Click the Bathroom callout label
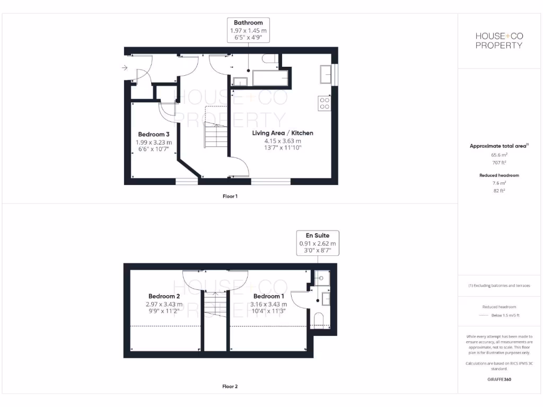pos(248,23)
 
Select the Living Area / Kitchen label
pos(282,133)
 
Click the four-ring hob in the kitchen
pos(323,103)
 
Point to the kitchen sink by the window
pos(326,74)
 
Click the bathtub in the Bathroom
pos(270,78)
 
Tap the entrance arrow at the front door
pos(125,68)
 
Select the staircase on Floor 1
pos(216,136)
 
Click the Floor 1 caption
pos(230,196)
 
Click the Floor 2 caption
pos(230,386)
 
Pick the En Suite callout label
pos(318,235)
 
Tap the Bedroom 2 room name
pos(164,296)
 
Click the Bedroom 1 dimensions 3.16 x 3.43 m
pos(269,304)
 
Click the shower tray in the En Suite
pos(321,278)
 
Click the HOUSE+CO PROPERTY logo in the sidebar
pos(498,41)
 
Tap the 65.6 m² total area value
pos(498,155)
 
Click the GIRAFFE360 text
pos(498,379)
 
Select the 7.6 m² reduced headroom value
pos(498,183)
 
